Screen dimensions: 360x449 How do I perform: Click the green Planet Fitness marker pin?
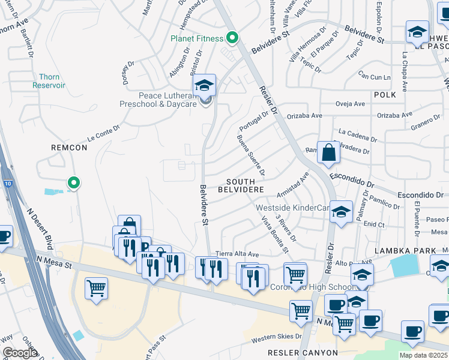pos(232,38)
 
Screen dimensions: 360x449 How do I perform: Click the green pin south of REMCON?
pos(73,182)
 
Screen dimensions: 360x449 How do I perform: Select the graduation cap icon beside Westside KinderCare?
pos(342,212)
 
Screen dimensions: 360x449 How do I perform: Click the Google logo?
pos(20,353)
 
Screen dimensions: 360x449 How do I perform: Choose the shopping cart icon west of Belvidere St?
pos(96,289)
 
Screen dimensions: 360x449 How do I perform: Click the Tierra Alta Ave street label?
pos(237,254)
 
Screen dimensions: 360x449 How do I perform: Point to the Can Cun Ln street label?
pos(375,76)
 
